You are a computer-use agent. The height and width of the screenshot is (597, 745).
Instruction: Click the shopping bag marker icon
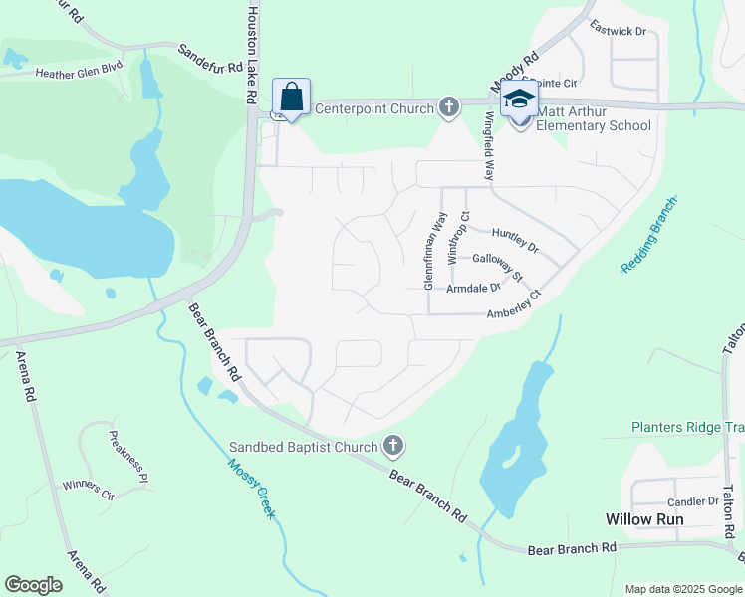click(x=291, y=98)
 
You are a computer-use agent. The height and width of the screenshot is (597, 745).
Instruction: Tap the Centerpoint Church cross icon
click(x=449, y=107)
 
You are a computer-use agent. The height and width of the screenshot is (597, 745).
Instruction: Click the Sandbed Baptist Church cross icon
click(x=393, y=447)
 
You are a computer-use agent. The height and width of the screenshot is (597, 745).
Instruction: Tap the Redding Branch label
click(x=648, y=236)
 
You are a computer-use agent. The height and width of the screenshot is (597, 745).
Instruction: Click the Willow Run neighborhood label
click(x=645, y=519)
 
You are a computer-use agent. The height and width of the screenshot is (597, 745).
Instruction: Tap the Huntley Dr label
click(x=515, y=240)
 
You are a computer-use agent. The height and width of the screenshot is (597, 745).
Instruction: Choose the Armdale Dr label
click(x=474, y=288)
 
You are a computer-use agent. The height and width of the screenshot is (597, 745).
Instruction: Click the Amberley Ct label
click(x=513, y=304)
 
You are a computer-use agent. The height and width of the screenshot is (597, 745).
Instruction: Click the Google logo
click(x=33, y=585)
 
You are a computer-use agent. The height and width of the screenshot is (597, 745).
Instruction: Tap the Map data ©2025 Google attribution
click(x=682, y=589)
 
